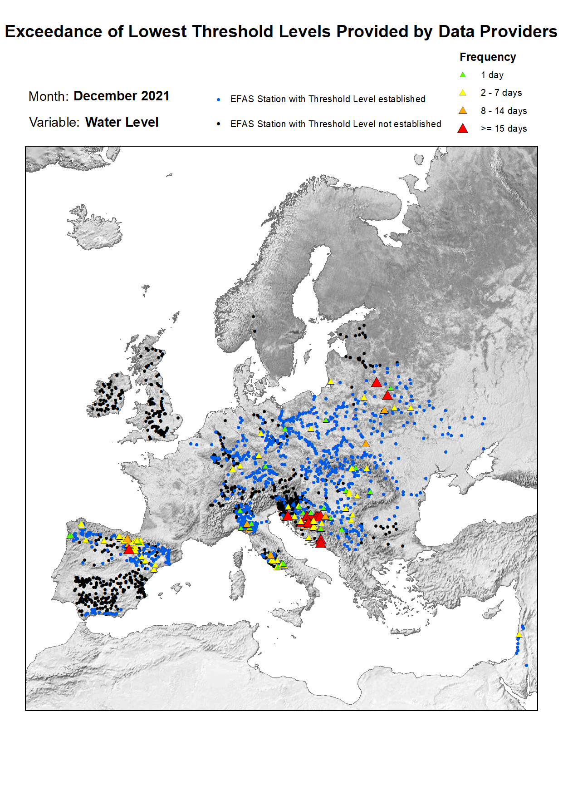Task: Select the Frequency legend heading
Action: (487, 57)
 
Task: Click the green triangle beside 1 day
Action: (462, 75)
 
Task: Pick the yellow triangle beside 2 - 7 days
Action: (462, 93)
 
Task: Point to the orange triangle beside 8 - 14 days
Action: (462, 111)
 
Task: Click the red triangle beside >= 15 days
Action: (462, 129)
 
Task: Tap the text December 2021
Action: (121, 96)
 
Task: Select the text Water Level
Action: (122, 123)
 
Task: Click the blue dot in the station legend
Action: (219, 99)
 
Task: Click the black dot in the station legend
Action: (219, 124)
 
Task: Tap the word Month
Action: (48, 96)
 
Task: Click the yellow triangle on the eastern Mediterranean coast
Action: (519, 635)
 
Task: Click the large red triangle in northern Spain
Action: (128, 549)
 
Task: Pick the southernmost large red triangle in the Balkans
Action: (320, 542)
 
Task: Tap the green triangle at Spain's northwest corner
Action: (70, 536)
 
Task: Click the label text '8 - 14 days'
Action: (504, 111)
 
